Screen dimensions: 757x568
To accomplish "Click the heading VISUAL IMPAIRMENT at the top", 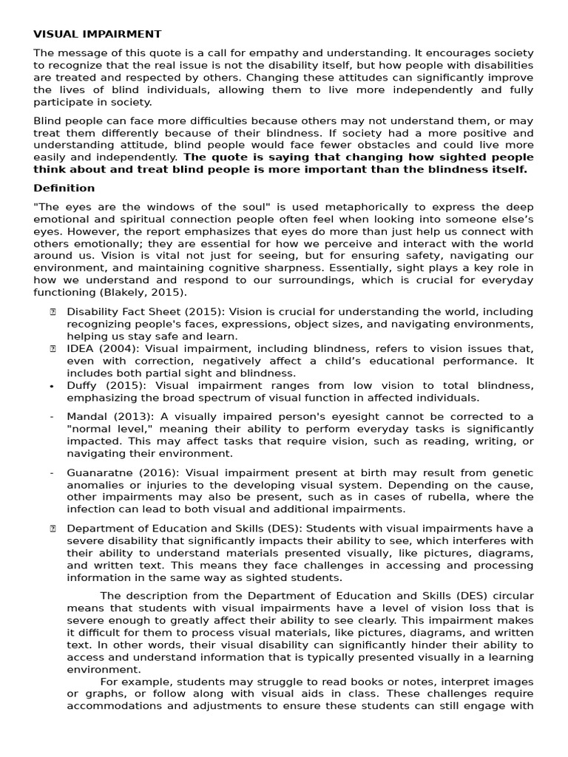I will [97, 34].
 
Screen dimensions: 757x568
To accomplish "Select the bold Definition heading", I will [64, 188].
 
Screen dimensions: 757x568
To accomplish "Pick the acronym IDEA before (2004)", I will [81, 349].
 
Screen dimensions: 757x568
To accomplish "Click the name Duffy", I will [82, 386].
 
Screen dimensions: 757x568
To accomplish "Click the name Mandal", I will [87, 417].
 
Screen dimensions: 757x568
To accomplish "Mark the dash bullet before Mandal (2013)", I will [52, 417].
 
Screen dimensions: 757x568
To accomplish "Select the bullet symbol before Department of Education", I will [53, 528].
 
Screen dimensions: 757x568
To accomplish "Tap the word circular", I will [510, 595].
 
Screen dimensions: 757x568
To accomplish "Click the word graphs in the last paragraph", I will [100, 693].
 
